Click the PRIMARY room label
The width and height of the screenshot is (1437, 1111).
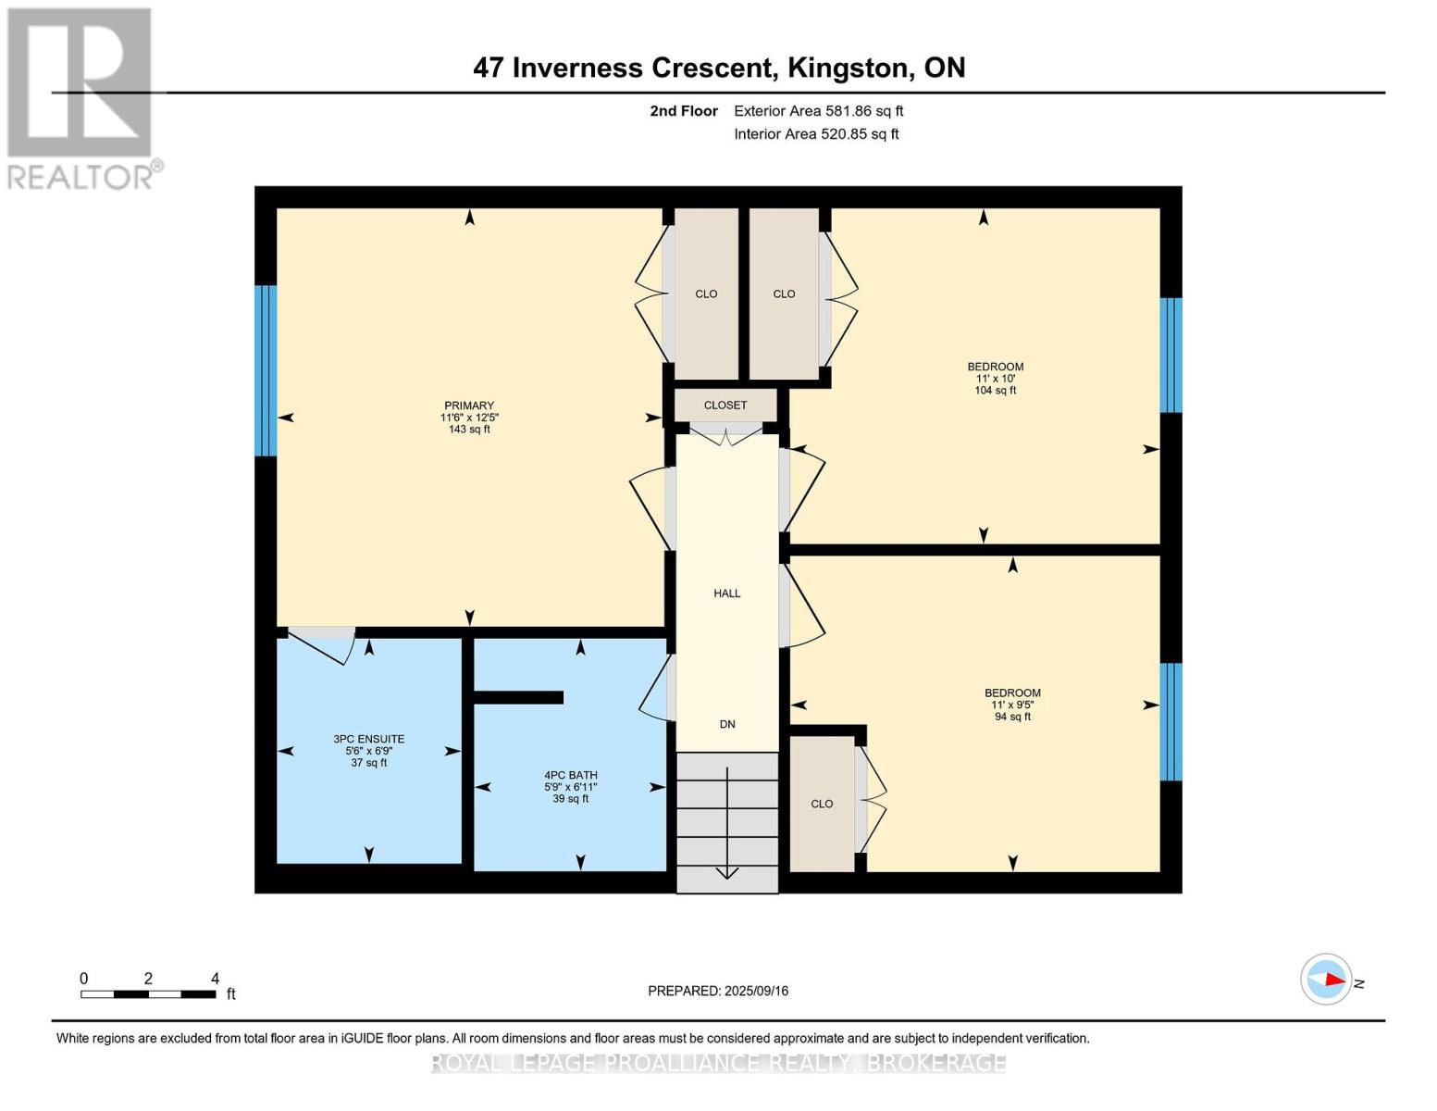tap(469, 405)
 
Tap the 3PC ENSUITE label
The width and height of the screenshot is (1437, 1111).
tap(368, 739)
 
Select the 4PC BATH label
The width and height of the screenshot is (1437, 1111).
tap(571, 775)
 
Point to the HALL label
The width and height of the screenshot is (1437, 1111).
tap(726, 593)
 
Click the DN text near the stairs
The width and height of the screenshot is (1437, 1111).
tap(727, 724)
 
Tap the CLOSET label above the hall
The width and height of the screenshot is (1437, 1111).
tap(725, 405)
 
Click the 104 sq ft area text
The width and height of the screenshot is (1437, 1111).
tap(996, 391)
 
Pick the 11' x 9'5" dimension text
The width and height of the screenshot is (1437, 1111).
tap(1012, 705)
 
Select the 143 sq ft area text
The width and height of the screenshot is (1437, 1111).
tap(469, 429)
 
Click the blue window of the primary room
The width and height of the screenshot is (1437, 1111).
tap(266, 370)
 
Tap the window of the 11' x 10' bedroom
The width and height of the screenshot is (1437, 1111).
tap(1171, 356)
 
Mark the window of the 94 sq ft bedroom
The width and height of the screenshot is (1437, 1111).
tap(1171, 722)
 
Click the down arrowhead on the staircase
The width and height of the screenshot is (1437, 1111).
tap(726, 874)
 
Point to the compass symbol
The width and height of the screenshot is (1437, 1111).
tap(1325, 980)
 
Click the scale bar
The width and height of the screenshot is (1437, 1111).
tap(148, 994)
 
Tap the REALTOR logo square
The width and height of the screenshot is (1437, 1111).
tap(80, 82)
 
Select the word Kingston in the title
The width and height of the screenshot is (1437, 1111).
tap(848, 69)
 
